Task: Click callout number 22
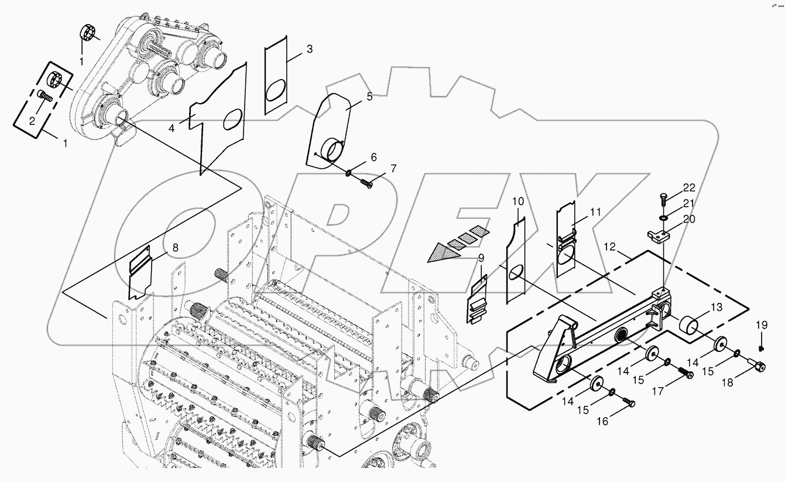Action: [x=689, y=187]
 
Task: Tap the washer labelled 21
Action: [x=663, y=218]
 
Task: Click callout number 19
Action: [x=760, y=325]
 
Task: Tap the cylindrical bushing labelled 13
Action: [x=691, y=324]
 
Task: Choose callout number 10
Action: [x=518, y=201]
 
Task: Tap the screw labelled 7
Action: [x=366, y=184]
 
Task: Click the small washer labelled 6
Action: [x=348, y=173]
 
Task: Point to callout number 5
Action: [x=369, y=97]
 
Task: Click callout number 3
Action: [x=310, y=49]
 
